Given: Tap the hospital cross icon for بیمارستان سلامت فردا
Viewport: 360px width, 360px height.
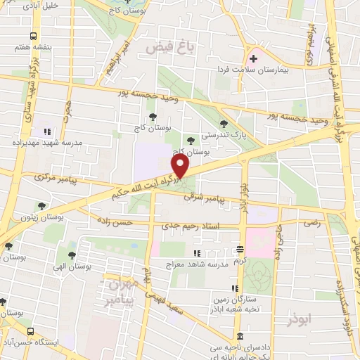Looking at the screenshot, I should [252, 58].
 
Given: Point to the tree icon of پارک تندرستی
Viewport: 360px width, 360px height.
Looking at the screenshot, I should [224, 123].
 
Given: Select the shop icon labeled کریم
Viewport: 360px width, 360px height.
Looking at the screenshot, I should [240, 250].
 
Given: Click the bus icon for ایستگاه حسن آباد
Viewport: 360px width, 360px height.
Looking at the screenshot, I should [30, 331].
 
